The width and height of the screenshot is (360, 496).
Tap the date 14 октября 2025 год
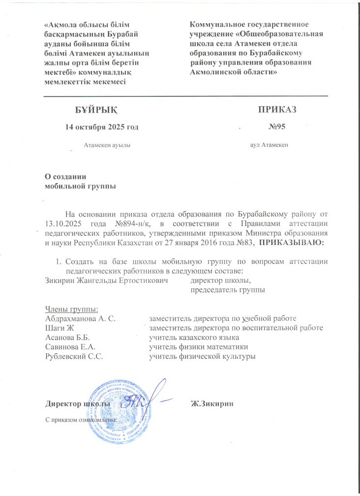pos(102,127)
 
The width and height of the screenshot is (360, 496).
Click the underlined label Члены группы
pos(71,309)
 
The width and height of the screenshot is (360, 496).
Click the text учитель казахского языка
pos(194,338)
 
